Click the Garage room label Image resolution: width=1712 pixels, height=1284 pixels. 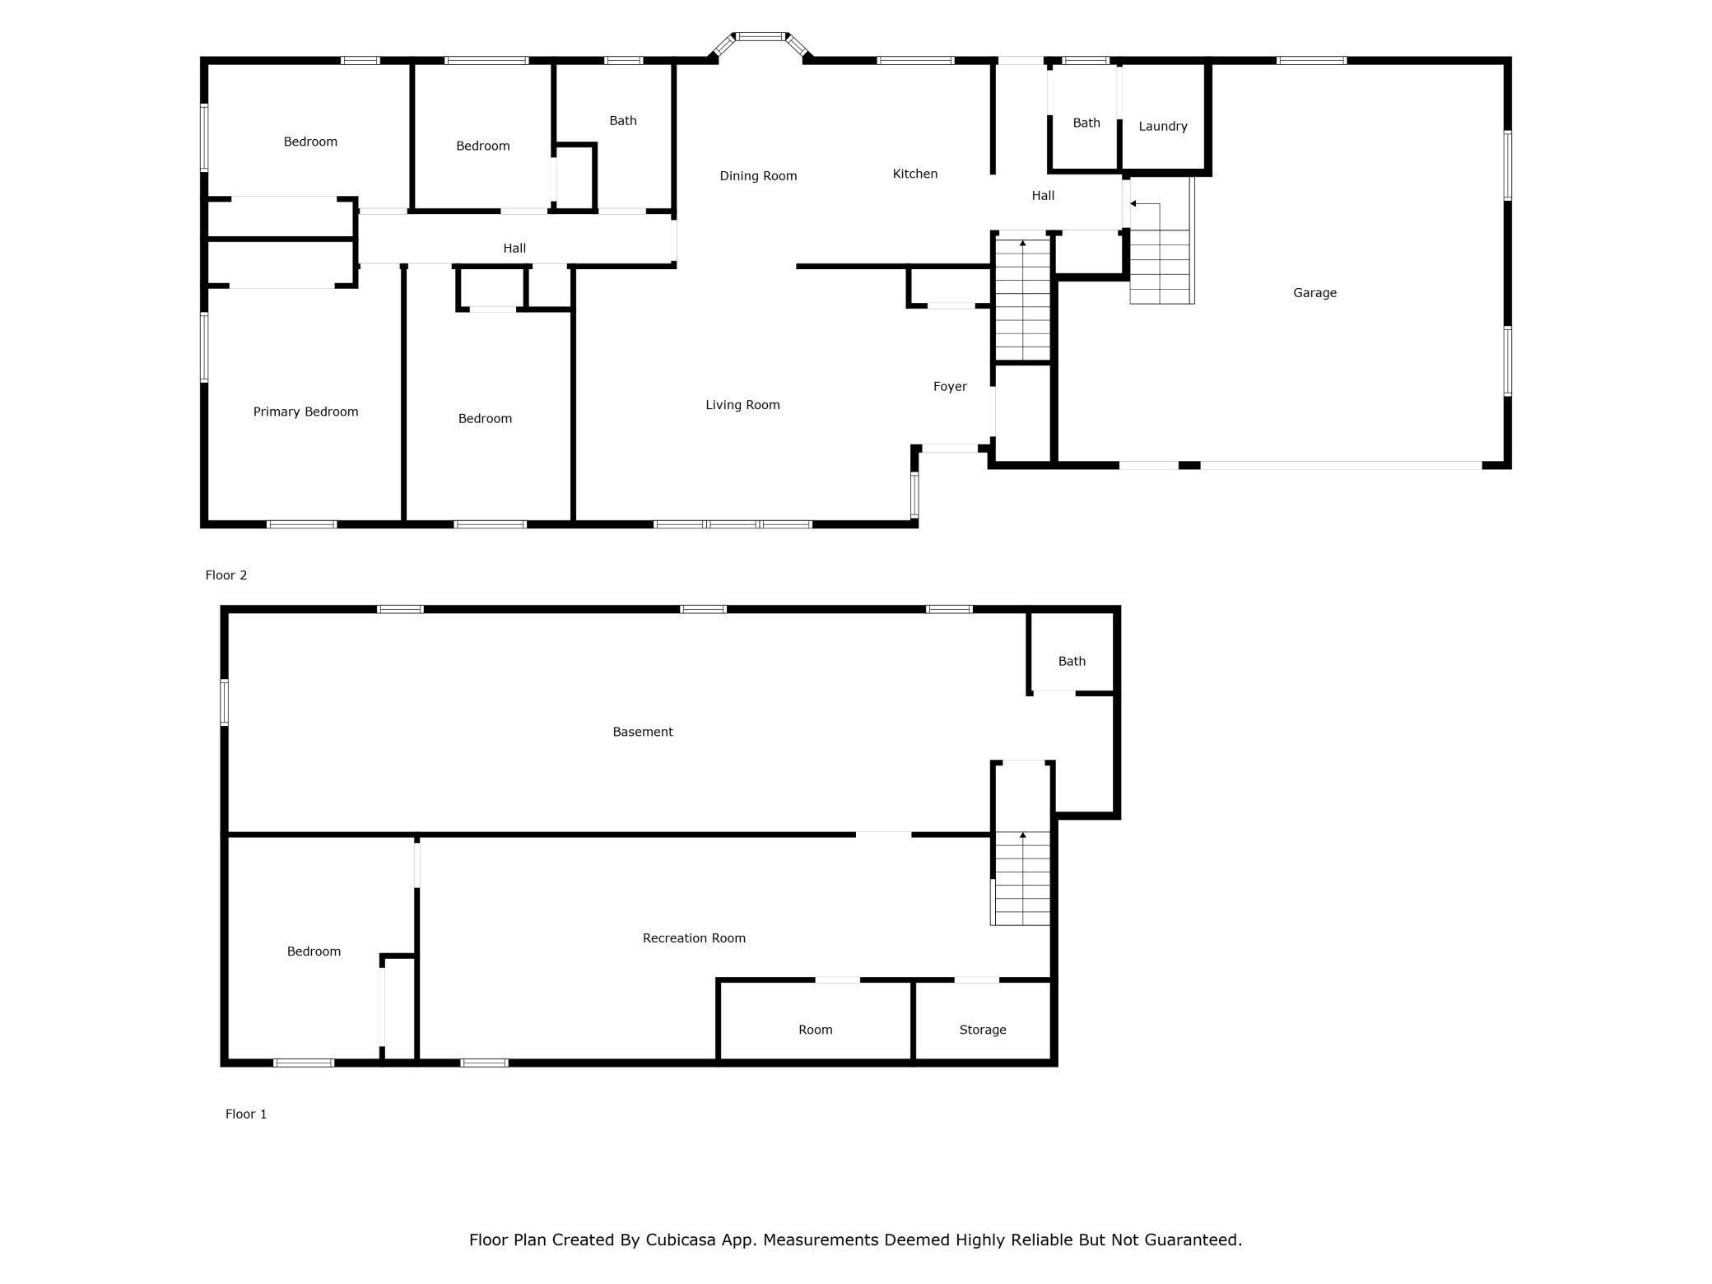1314,293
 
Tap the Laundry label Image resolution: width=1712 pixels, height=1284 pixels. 1162,127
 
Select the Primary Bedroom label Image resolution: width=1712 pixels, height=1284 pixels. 305,412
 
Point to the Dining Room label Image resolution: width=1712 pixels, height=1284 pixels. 758,176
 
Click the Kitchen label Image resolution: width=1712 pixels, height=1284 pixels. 915,174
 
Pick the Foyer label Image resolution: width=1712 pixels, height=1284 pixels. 950,387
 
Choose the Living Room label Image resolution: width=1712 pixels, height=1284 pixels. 742,405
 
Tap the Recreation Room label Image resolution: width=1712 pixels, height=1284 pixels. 694,938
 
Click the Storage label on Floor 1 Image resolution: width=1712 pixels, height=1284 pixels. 983,1030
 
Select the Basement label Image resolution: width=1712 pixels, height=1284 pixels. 643,732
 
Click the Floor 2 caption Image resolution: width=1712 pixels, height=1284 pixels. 226,575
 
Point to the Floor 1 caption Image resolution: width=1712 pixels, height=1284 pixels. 246,1114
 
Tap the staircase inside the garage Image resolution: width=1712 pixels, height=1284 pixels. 1161,240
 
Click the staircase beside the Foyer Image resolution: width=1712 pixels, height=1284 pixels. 1023,299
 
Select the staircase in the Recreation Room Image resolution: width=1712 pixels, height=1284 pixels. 1021,878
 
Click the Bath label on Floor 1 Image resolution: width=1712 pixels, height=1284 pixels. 1072,662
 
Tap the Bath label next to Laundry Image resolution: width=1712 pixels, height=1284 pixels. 1086,123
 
